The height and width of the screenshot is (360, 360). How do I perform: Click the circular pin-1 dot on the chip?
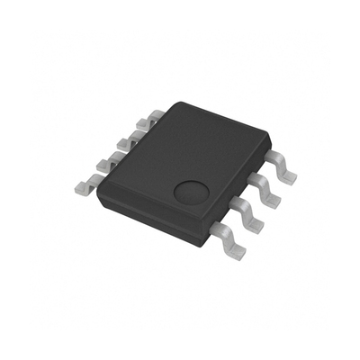click(x=190, y=191)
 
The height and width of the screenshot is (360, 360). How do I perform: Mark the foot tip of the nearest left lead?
click(x=79, y=189)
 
